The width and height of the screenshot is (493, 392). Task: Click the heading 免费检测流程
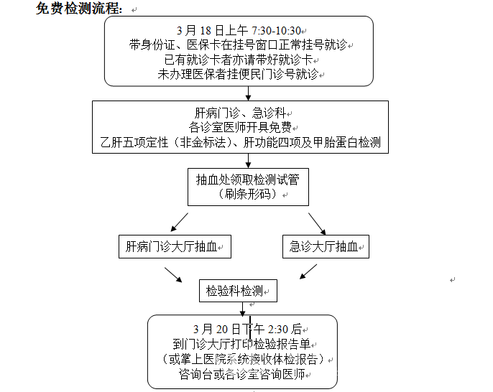(78, 8)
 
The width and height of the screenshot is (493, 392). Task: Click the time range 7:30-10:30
(277, 31)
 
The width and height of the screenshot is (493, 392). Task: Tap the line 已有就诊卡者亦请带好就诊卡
(239, 60)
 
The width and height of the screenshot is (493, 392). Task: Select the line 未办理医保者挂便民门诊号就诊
(238, 74)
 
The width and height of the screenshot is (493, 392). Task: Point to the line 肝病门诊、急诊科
(240, 113)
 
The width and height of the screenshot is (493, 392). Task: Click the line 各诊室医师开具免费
(240, 127)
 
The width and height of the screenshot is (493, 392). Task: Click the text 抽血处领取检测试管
(248, 179)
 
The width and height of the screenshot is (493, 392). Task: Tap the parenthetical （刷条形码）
(248, 194)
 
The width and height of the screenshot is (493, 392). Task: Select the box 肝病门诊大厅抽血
(175, 246)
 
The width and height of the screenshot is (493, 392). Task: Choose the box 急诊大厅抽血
(326, 246)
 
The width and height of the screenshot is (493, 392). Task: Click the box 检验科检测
(238, 291)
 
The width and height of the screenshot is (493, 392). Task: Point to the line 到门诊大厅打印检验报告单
(241, 344)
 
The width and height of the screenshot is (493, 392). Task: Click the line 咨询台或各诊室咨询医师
(241, 374)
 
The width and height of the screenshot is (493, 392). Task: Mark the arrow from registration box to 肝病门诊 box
(248, 93)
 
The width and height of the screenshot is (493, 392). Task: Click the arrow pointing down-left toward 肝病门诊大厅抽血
(179, 223)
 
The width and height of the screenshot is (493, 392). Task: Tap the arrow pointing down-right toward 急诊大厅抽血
(317, 224)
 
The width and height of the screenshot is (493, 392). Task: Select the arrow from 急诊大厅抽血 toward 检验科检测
(308, 271)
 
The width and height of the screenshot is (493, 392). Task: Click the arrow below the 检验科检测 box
(242, 309)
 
